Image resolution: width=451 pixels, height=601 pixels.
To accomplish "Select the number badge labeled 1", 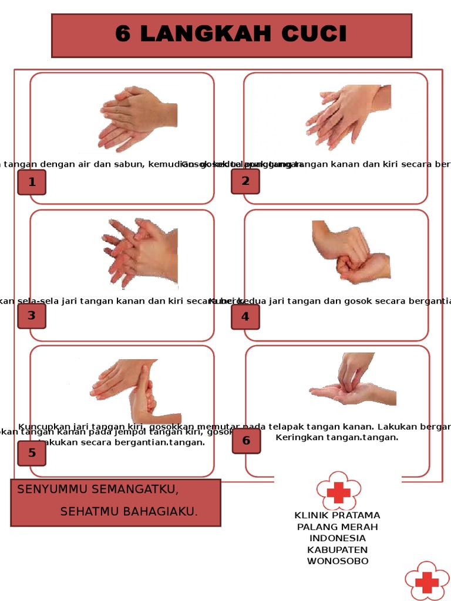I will (x=32, y=182).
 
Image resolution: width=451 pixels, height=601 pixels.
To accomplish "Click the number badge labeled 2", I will (x=245, y=181).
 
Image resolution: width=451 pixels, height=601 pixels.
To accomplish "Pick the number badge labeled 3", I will (x=32, y=316).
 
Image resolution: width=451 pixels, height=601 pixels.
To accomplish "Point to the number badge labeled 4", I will (x=245, y=317).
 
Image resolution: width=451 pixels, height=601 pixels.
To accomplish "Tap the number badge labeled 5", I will (x=32, y=453).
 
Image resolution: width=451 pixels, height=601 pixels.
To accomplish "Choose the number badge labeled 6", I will (x=246, y=441).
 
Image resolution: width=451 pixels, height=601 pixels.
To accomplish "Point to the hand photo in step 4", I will (x=351, y=252).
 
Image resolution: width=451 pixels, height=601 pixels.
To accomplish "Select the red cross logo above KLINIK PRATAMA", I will (x=338, y=491).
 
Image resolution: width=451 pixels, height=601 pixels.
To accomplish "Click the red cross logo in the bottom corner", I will (x=427, y=581).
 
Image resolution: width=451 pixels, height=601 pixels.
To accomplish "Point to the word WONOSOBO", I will (x=338, y=561).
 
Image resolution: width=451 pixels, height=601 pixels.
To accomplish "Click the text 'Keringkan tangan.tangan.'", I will (x=337, y=437).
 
